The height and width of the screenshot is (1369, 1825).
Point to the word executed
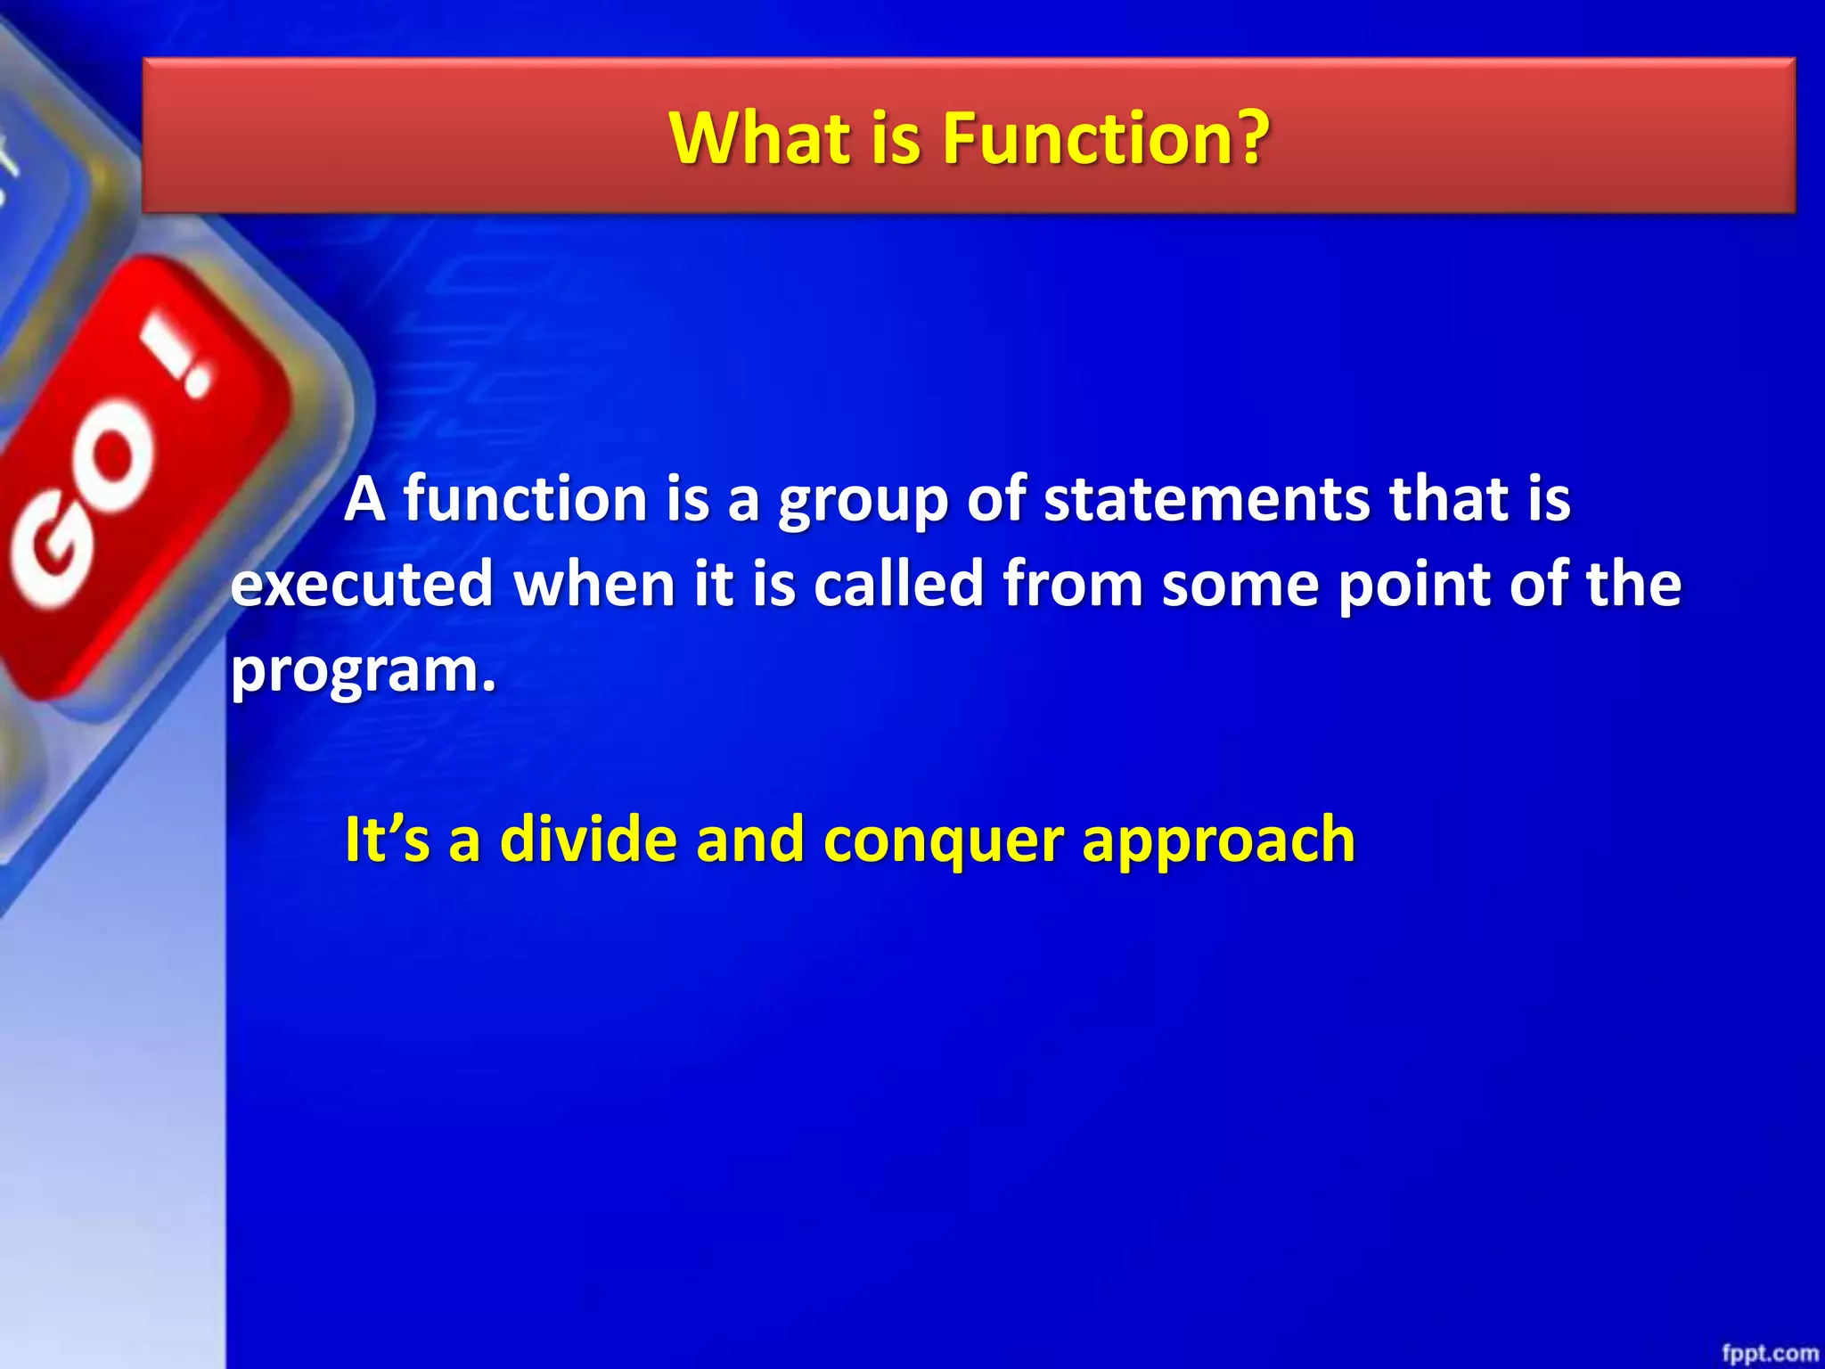coord(362,585)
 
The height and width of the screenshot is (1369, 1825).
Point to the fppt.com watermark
coord(1769,1353)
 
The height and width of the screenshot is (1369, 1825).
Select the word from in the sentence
coord(1073,585)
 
